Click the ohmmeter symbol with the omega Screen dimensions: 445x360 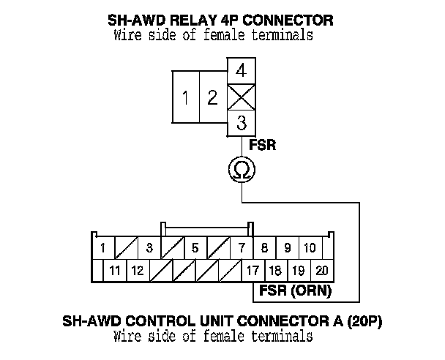pos(242,169)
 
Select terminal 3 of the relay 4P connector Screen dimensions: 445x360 pos(242,123)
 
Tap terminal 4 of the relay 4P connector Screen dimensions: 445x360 pos(242,71)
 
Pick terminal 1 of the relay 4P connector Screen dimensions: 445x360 pos(186,97)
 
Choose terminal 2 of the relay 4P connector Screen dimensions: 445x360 pos(214,97)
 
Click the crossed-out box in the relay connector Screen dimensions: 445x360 pos(242,97)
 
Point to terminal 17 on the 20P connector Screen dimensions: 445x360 pos(253,271)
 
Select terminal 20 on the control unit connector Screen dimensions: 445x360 pos(322,271)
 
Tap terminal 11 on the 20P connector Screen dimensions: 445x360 pos(115,271)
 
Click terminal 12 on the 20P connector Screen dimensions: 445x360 pos(138,271)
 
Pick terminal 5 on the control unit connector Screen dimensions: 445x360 pos(195,248)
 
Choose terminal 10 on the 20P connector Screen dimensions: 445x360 pos(310,248)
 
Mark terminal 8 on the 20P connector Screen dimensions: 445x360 pos(264,248)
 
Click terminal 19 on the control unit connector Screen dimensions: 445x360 pos(299,271)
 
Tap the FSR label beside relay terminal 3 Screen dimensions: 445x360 pos(263,145)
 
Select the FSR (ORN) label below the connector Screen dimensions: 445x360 pos(296,290)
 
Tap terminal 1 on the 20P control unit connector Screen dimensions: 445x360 pos(103,248)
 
